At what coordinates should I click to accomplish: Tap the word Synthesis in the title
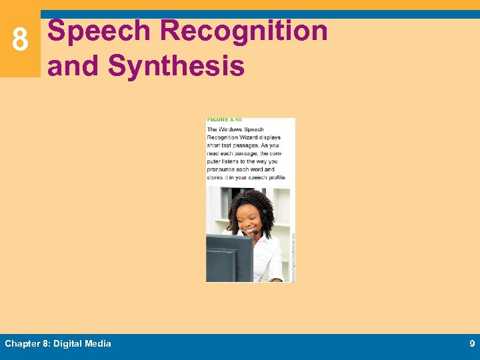176,66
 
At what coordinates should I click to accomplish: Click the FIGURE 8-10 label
224,121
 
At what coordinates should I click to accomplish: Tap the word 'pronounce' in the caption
223,169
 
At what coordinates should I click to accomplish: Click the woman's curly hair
251,199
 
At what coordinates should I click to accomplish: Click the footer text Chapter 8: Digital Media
58,344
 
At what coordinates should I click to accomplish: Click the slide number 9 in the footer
472,344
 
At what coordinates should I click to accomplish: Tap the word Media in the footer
98,344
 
